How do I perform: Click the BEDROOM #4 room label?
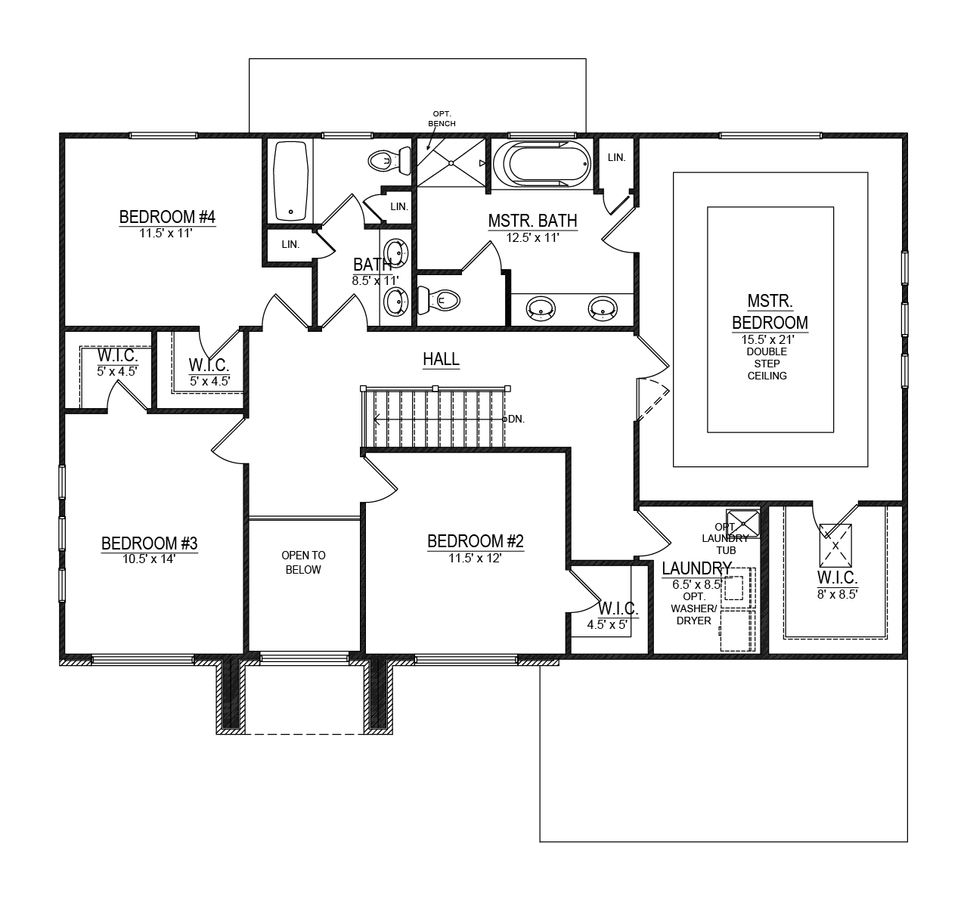(167, 218)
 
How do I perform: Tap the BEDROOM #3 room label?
(150, 543)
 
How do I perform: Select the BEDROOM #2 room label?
(475, 541)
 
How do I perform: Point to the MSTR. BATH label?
(532, 221)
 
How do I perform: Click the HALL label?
(441, 359)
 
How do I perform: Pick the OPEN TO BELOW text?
(303, 562)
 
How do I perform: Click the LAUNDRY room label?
(696, 568)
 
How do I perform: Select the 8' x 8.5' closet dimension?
(836, 593)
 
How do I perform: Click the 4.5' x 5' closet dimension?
(608, 624)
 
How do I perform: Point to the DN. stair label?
(516, 419)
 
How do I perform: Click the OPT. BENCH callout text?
(442, 118)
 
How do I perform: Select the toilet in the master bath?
(439, 301)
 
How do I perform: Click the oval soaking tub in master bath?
(540, 162)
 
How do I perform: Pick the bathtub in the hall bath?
(290, 180)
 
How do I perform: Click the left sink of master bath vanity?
(540, 307)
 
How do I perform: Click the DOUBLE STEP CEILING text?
(767, 364)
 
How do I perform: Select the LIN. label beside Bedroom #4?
(290, 245)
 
